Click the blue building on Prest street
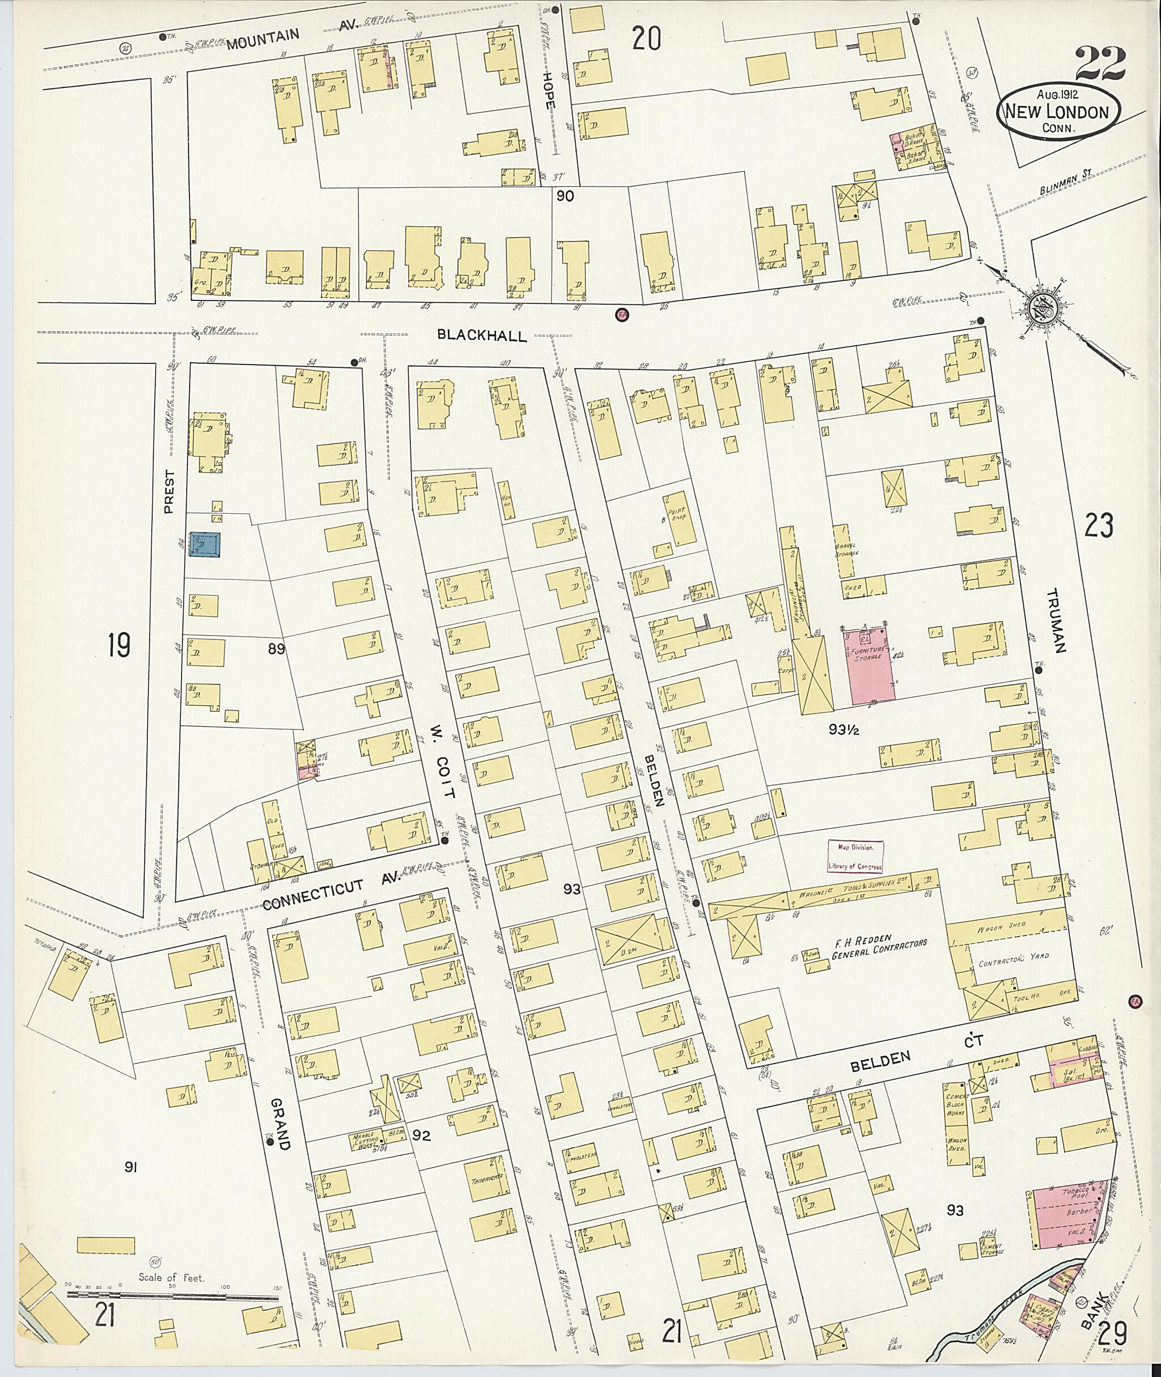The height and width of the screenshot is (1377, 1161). (205, 545)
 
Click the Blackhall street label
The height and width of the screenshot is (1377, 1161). (483, 336)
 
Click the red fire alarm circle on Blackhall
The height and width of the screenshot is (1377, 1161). (620, 315)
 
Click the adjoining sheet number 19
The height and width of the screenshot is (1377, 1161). (119, 645)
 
